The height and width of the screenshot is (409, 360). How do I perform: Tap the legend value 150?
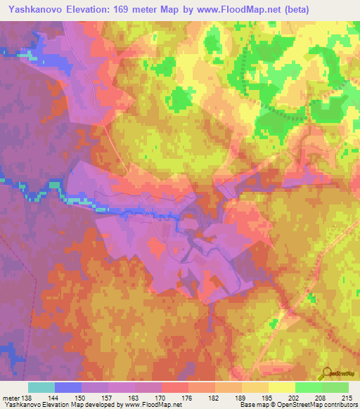tap(82, 397)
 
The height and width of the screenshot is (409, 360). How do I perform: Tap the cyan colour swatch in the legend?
tap(41, 387)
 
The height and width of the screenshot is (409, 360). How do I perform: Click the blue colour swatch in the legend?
tap(68, 387)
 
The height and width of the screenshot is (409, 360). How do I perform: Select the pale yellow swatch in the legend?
tap(282, 387)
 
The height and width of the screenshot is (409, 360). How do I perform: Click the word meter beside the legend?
tap(10, 397)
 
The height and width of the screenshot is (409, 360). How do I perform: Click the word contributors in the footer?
tap(341, 405)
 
